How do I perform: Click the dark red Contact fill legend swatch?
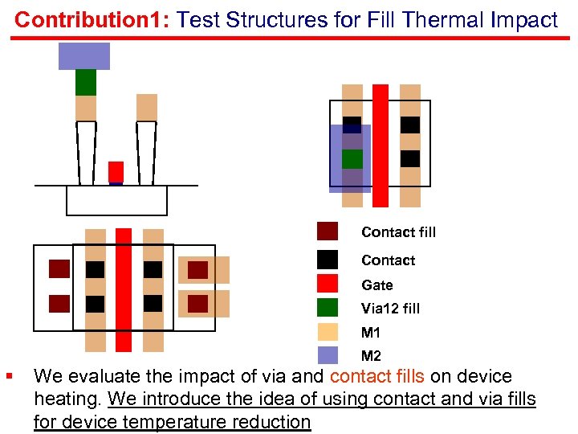pos(328,231)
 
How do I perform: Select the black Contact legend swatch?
pos(328,259)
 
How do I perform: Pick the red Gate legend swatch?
pos(328,284)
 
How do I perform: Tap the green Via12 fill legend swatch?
pos(328,307)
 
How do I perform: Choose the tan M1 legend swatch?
pos(328,332)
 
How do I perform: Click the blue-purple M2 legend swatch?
pos(328,355)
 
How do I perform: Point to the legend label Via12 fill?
pos(390,309)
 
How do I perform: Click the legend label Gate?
pos(377,285)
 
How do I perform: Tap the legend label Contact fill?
pos(398,232)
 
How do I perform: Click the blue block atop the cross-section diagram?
pos(84,56)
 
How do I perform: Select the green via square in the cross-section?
pos(86,82)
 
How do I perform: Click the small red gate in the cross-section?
pos(116,172)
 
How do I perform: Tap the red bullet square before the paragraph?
pos(8,375)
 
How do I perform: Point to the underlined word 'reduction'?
pos(271,422)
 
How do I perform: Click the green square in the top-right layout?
pos(352,159)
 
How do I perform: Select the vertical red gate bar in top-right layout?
pos(381,145)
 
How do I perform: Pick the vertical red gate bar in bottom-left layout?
pos(123,289)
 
